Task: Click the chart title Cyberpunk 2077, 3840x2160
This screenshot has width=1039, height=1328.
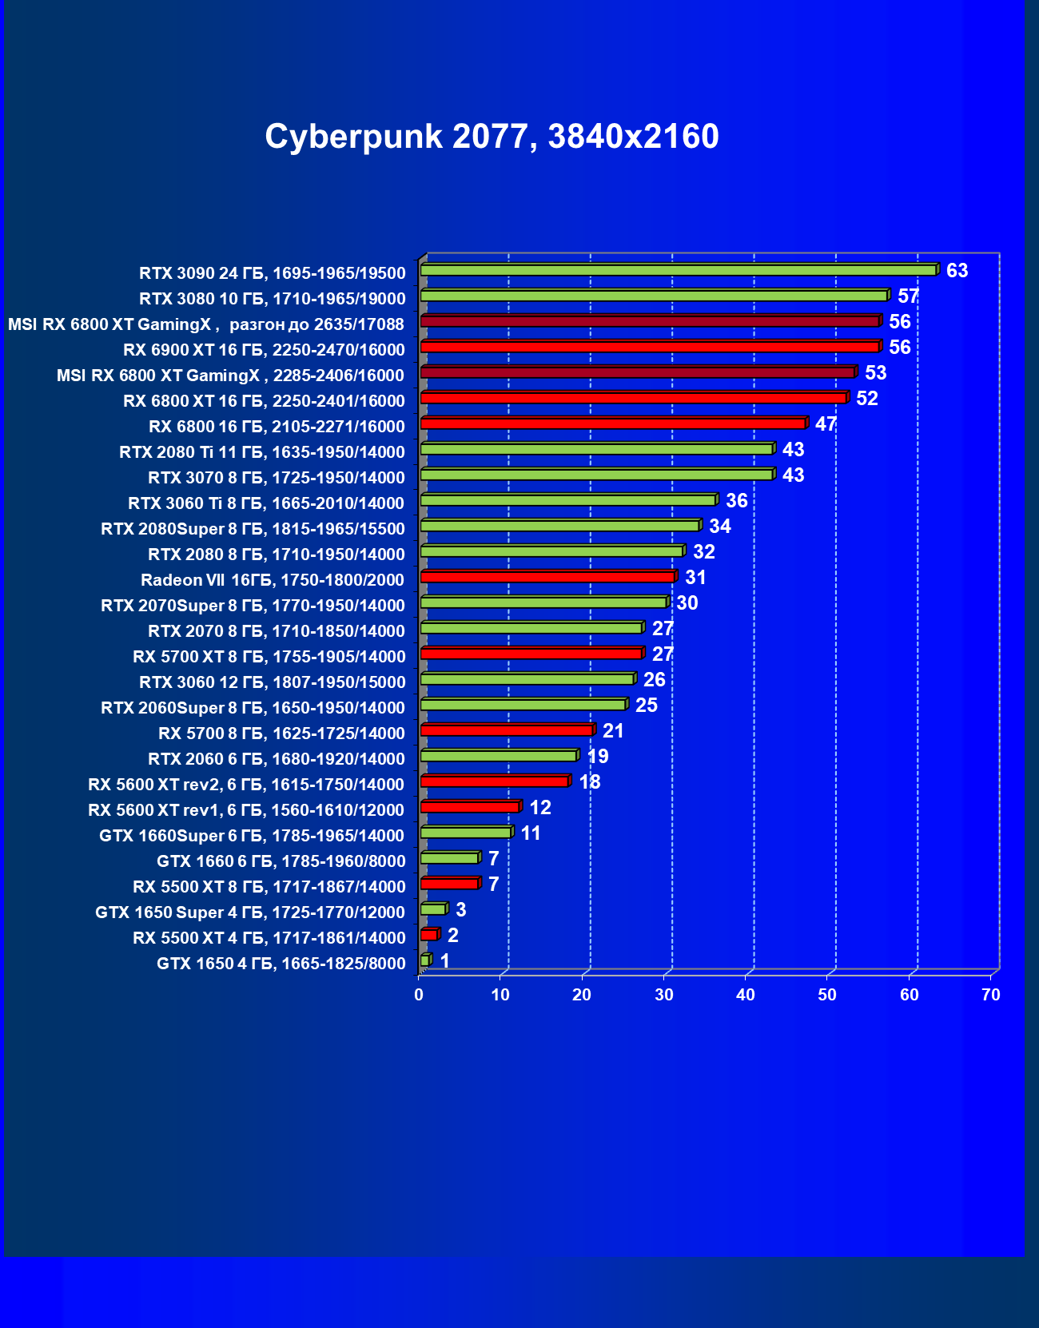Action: point(492,137)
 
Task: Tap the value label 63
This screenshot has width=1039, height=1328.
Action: point(957,271)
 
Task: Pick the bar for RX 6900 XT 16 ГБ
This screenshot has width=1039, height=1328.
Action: point(649,347)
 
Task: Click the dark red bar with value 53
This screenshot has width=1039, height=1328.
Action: point(637,372)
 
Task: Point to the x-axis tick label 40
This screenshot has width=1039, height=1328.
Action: point(745,995)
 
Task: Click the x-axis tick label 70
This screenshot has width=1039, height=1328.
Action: point(990,995)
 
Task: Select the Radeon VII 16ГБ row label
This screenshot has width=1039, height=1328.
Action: point(273,580)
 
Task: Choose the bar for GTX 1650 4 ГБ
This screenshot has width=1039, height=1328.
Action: point(425,960)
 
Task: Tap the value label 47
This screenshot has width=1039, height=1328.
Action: point(826,424)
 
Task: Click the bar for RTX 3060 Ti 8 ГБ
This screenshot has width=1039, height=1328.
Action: point(567,500)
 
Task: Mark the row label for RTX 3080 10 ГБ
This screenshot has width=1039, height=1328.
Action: point(272,299)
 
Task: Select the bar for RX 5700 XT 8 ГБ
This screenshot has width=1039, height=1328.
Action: point(531,654)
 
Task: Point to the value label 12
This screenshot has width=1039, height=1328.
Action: point(540,808)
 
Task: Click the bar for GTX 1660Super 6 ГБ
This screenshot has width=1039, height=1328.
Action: point(465,833)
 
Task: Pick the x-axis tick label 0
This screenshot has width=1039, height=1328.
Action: point(419,995)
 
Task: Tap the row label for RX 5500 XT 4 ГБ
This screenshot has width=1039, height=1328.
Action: point(269,938)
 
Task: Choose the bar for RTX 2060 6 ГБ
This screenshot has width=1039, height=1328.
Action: point(498,756)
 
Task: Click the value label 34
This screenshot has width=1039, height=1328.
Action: point(720,527)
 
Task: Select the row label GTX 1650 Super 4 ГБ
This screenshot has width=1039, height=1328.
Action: point(250,913)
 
